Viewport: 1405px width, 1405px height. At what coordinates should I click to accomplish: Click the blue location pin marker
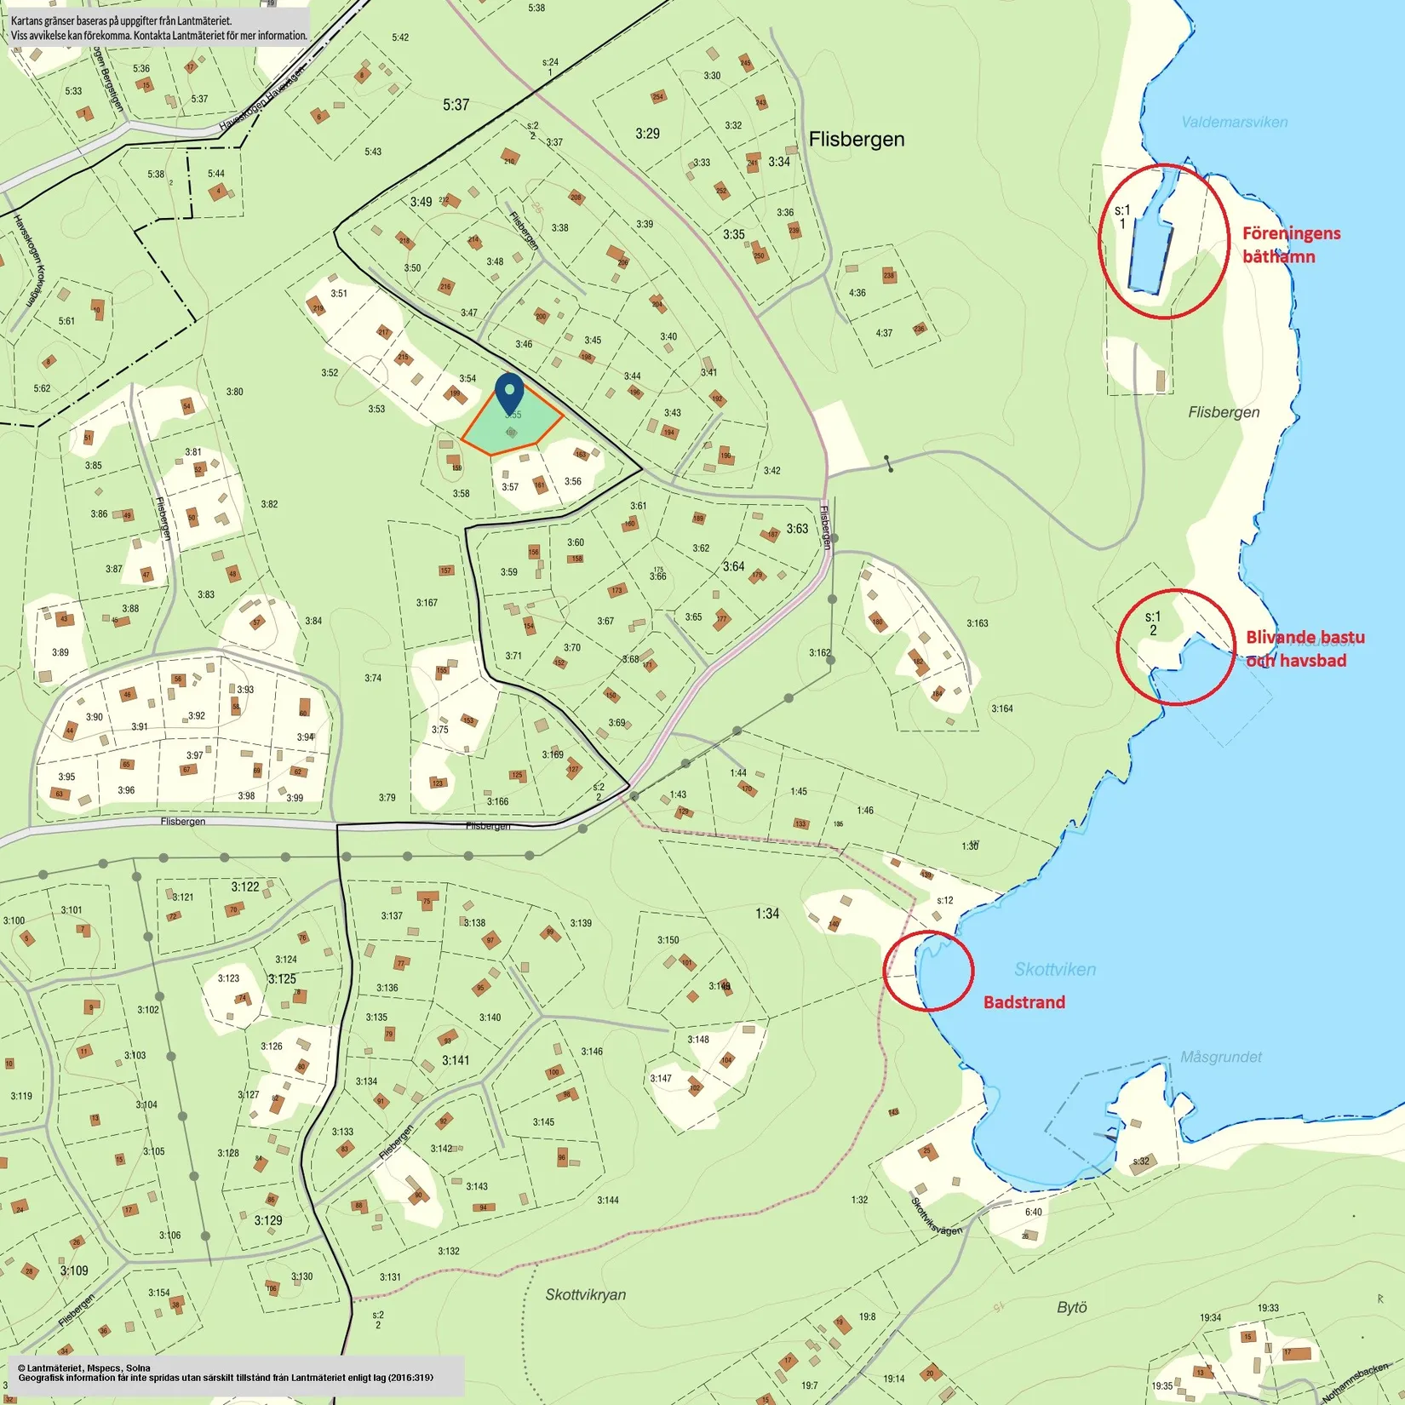click(509, 393)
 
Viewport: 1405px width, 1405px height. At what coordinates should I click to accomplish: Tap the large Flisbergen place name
click(856, 140)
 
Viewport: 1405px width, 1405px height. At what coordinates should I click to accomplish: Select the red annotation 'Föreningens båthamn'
click(1290, 244)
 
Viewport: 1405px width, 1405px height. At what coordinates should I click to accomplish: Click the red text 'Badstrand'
click(1024, 1002)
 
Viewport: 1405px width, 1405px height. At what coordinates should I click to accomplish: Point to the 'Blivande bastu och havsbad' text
click(1304, 648)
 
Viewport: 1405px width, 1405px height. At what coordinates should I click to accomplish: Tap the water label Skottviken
click(1054, 969)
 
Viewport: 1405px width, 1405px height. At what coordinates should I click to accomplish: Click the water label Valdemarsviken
click(1234, 122)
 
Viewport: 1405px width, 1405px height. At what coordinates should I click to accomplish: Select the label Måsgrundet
click(1220, 1057)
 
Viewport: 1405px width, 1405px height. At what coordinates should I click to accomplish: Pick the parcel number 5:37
click(456, 105)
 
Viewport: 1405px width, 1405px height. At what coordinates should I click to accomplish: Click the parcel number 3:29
click(647, 134)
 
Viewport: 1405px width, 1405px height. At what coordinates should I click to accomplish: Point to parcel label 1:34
click(766, 914)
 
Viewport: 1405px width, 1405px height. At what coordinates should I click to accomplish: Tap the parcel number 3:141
click(456, 1060)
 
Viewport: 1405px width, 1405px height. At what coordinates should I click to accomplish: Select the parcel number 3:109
click(73, 1270)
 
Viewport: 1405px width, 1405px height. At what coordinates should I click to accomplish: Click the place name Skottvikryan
click(585, 1294)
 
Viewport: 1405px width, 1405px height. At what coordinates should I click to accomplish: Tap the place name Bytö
click(1071, 1307)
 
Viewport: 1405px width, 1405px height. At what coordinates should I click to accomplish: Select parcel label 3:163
click(977, 623)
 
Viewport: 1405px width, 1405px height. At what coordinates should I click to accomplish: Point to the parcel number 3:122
click(245, 886)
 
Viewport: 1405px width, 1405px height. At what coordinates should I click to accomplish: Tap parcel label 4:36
click(857, 293)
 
